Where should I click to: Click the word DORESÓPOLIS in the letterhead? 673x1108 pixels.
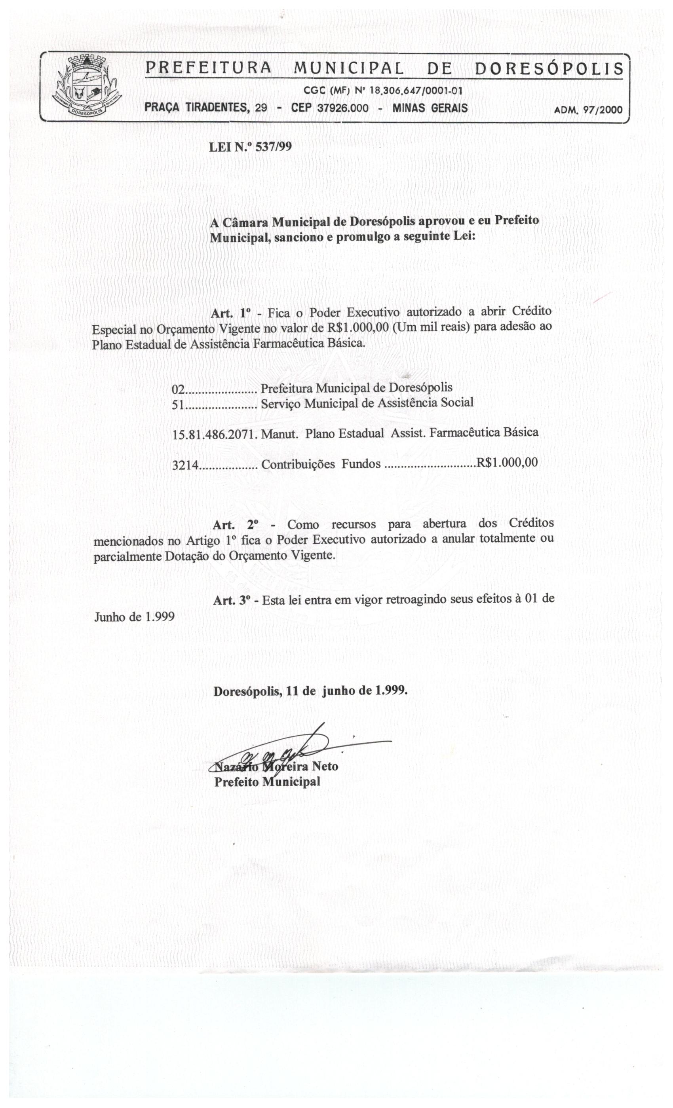tap(549, 69)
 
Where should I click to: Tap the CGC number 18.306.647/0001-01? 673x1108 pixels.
tap(415, 91)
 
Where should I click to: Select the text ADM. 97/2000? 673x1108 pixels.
tap(588, 109)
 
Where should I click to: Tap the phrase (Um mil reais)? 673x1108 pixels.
tap(431, 327)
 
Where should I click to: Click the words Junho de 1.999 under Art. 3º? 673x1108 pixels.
tap(134, 617)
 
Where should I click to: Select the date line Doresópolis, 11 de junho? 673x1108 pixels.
tap(310, 691)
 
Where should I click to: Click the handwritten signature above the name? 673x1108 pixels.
tap(283, 748)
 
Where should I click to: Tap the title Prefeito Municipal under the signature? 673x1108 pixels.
tap(267, 782)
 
